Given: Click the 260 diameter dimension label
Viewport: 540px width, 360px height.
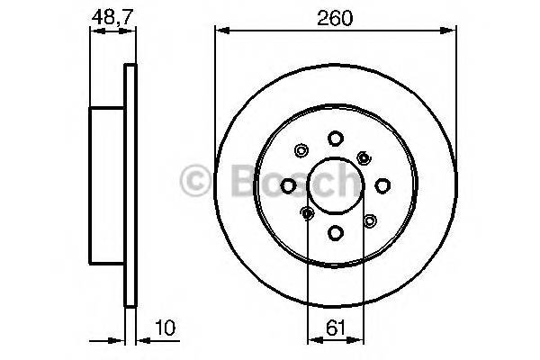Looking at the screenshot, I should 333,15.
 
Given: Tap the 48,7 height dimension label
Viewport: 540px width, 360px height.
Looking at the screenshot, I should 108,15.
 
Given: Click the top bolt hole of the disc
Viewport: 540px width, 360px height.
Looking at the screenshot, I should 335,139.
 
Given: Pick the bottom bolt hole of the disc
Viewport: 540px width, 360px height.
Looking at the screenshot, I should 335,232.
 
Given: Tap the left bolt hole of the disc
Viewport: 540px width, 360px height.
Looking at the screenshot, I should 288,185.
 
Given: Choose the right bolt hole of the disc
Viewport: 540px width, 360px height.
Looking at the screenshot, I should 382,185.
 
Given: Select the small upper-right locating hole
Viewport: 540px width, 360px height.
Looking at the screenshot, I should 364,158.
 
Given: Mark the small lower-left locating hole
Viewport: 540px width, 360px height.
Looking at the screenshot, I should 307,213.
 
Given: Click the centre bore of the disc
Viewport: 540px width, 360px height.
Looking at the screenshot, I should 335,185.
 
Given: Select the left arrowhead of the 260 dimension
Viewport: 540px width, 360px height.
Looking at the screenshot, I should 219,31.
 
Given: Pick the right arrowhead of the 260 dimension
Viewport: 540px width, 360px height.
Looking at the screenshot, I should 446,31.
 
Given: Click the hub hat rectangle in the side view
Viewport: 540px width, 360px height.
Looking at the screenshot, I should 106,185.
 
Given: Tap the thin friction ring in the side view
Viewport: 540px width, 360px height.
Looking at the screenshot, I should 130,185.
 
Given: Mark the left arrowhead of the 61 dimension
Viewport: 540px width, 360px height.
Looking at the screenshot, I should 311,341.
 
